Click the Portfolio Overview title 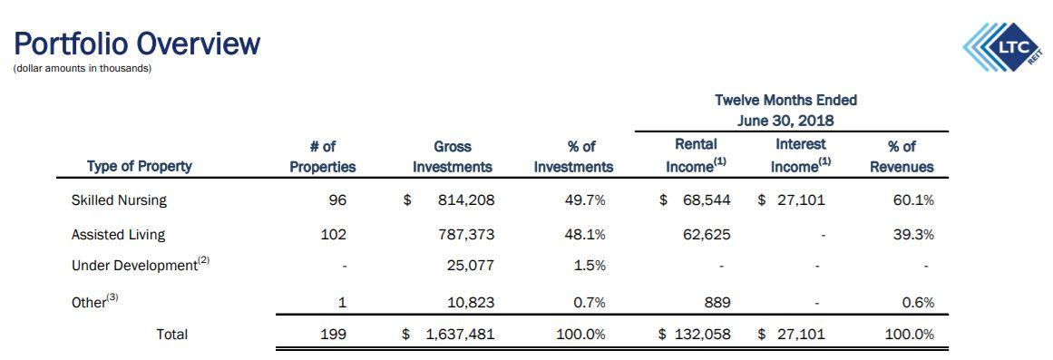pos(137,44)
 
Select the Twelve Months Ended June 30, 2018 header pos(785,110)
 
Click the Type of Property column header pos(139,166)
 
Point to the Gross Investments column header pos(452,155)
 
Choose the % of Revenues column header pos(901,155)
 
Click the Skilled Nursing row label pos(119,199)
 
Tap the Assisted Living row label pos(118,234)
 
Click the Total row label pos(171,334)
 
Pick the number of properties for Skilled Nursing pos(337,199)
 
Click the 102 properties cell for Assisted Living pos(334,234)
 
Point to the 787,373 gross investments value pos(466,234)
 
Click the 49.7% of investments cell pos(584,199)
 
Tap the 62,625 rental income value pos(707,234)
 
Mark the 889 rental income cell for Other pos(716,302)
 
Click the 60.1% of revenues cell pos(913,199)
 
